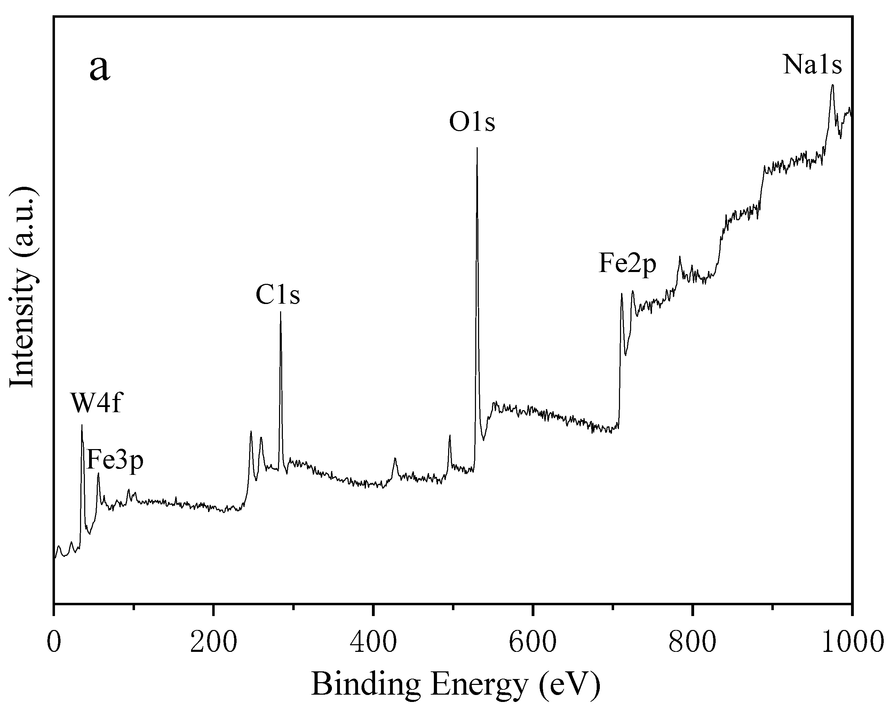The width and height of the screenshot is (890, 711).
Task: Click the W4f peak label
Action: [96, 404]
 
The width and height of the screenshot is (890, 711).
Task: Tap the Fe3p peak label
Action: [115, 460]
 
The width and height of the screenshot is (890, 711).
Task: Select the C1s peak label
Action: [278, 295]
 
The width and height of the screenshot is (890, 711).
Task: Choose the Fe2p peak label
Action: [627, 263]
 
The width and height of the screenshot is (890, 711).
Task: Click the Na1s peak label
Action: [812, 65]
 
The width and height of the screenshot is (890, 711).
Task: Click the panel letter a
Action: [100, 68]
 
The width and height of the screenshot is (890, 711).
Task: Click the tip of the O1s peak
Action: [477, 148]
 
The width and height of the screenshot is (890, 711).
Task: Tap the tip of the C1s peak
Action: [281, 312]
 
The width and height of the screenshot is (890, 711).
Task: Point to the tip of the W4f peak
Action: [82, 425]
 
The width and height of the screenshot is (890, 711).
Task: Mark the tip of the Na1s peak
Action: [833, 85]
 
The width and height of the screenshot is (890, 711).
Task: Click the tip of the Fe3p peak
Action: [98, 473]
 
